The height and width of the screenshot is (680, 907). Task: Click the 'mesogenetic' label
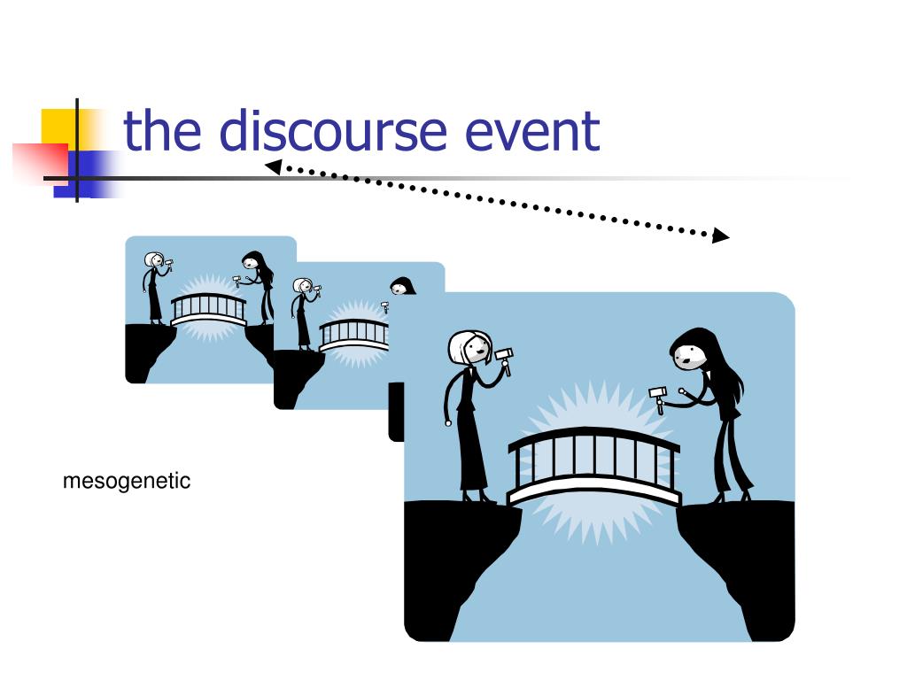[x=127, y=482]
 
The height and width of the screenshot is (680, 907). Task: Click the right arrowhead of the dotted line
[x=721, y=236]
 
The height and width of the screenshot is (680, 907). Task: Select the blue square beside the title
[x=93, y=173]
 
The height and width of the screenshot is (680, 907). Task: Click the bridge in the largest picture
[x=593, y=465]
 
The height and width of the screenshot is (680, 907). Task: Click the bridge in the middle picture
[x=354, y=333]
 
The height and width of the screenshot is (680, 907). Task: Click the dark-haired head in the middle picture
[x=403, y=285]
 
